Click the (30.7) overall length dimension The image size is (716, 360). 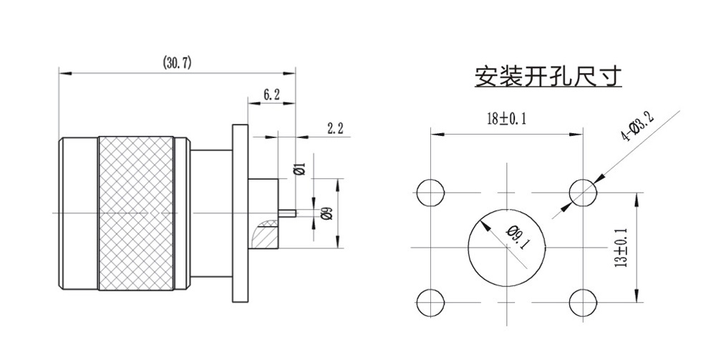coord(177,64)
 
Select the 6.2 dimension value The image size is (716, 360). coord(271,94)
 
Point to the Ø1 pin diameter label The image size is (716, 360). coord(301,170)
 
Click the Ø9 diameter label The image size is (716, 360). coord(326,213)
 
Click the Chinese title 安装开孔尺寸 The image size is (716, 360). coord(548,77)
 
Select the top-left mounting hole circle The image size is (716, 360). coord(430,192)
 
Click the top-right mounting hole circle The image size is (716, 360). coord(584,192)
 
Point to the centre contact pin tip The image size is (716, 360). coord(293,212)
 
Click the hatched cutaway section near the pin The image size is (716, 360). coord(264,233)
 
